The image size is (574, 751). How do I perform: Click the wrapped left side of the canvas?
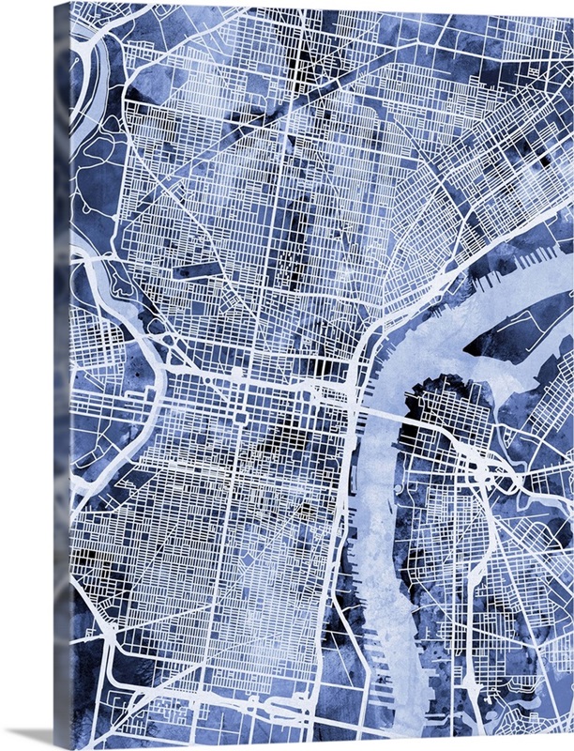(61, 375)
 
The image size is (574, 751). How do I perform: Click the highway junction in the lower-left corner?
(113, 648)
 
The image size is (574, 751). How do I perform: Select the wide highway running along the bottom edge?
(234, 723)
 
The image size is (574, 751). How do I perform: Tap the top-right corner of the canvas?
(569, 5)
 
